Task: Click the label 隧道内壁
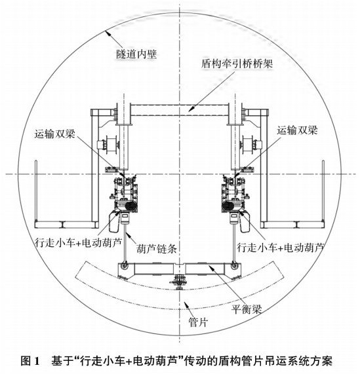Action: click(136, 54)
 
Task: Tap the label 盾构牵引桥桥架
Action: click(237, 64)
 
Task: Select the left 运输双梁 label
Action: click(55, 134)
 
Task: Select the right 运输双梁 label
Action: click(297, 130)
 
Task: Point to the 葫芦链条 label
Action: click(157, 249)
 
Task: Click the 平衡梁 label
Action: click(247, 309)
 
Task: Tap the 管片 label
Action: click(199, 322)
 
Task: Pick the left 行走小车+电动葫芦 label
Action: click(78, 242)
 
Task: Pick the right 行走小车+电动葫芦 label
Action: click(280, 248)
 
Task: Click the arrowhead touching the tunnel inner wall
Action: click(108, 33)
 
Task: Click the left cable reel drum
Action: click(109, 145)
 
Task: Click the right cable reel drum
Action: click(249, 145)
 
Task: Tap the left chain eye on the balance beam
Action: click(124, 265)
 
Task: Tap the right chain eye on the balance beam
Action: click(235, 265)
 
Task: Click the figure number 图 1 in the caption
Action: click(30, 360)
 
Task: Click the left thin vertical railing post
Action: click(36, 191)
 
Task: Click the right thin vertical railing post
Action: click(323, 191)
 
